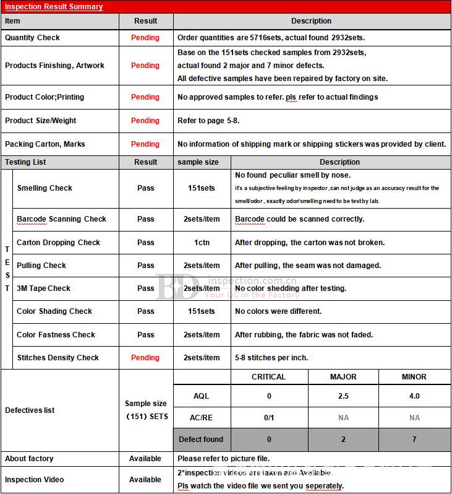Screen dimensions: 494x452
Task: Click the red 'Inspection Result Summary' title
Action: [54, 7]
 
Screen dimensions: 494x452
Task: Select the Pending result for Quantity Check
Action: [145, 38]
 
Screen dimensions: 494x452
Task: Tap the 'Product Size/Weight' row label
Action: [41, 121]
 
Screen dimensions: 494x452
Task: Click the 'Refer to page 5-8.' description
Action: [208, 121]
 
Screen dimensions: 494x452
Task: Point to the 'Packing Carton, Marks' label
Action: [45, 144]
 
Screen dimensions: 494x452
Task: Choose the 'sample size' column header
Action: [198, 162]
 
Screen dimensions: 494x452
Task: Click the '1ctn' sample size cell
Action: [202, 243]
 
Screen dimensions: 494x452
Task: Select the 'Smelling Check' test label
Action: [45, 188]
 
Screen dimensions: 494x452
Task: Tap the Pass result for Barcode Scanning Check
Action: [146, 219]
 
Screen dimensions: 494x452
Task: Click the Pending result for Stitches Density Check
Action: [145, 358]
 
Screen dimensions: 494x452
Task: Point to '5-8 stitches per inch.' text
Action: [271, 358]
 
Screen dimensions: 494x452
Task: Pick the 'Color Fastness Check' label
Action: [56, 335]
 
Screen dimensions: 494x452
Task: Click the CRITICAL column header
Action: [268, 377]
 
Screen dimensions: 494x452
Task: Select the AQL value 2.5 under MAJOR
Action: [343, 396]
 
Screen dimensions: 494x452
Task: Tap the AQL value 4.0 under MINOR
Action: [414, 396]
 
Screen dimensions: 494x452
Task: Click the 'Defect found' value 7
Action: [414, 440]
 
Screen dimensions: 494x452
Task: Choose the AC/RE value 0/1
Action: [269, 418]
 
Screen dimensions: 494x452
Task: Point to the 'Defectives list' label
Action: [30, 410]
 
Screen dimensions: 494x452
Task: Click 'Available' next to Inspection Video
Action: [145, 480]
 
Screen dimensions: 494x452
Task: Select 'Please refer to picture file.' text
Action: [224, 459]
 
